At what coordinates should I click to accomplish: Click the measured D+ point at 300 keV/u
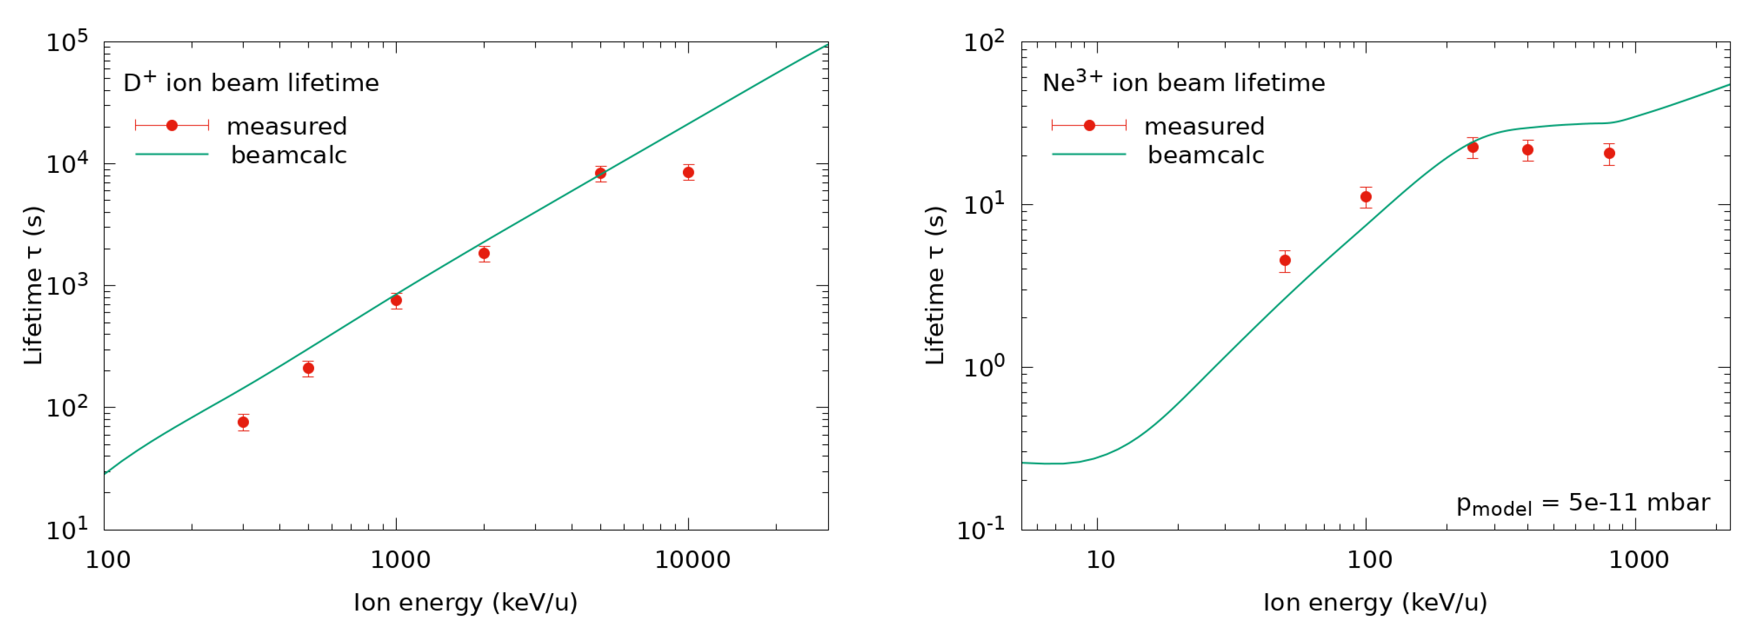click(243, 423)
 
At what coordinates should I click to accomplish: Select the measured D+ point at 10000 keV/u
click(688, 172)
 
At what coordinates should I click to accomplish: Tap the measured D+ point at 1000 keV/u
click(396, 301)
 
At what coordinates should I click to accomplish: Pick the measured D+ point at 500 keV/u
click(308, 368)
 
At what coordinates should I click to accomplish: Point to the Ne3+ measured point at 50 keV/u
click(1285, 260)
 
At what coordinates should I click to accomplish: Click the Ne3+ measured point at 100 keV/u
click(1366, 197)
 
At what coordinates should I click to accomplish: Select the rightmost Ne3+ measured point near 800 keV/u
click(1609, 153)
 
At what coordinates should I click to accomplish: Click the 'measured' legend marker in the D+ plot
click(172, 125)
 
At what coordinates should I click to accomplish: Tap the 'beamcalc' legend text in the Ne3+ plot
click(1205, 155)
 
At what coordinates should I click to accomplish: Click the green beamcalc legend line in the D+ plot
click(172, 155)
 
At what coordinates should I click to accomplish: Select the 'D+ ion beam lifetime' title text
click(251, 83)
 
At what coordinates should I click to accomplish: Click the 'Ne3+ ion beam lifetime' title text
click(1183, 83)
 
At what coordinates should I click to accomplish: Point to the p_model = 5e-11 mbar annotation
click(1582, 504)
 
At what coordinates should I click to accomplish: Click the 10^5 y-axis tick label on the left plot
click(67, 42)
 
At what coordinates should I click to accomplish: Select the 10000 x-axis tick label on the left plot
click(692, 560)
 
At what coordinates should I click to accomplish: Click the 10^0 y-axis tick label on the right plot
click(983, 366)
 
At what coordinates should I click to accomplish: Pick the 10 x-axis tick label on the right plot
click(1100, 560)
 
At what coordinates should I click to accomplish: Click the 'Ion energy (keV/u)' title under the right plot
click(1375, 602)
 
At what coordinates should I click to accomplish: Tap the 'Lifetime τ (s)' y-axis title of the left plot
click(33, 286)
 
